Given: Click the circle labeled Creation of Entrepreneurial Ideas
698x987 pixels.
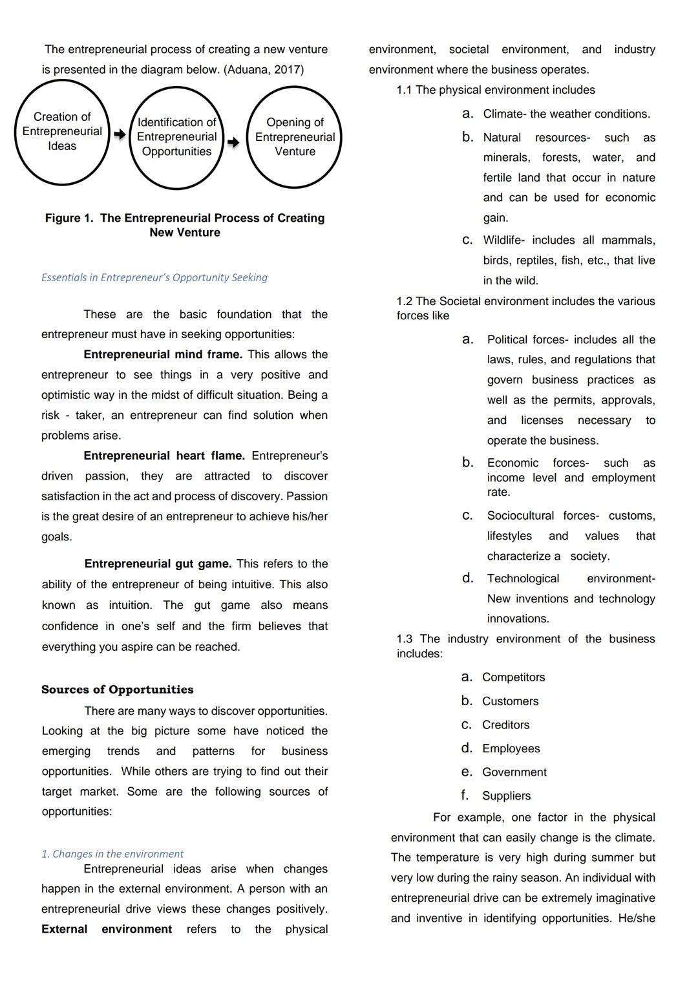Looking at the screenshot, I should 62,132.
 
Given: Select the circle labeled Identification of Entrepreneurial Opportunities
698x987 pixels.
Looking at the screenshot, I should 176,137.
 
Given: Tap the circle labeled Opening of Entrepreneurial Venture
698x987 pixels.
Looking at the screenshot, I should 295,137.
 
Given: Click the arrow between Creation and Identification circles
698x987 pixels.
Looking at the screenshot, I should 120,134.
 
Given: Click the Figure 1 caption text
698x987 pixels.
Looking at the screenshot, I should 185,225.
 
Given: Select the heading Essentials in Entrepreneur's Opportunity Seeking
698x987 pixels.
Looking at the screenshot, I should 154,277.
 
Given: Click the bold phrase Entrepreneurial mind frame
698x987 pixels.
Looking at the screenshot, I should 163,354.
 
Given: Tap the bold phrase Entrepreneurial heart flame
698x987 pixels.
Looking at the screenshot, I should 164,456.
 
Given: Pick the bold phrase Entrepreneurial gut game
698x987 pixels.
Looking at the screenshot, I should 158,564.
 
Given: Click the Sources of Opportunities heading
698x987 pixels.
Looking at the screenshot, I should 117,690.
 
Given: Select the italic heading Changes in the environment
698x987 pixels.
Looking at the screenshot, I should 112,854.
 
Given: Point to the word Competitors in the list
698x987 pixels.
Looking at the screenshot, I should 513,677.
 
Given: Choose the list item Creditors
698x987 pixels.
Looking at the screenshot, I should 505,725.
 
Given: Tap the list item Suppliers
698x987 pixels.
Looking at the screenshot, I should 506,796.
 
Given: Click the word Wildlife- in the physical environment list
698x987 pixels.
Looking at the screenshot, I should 503,240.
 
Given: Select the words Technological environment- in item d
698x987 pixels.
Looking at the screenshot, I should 571,578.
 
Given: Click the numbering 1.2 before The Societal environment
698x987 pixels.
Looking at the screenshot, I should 405,301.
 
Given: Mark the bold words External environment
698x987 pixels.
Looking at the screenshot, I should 107,929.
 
